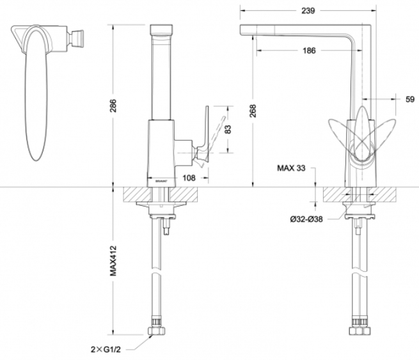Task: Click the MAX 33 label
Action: [x=291, y=168]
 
